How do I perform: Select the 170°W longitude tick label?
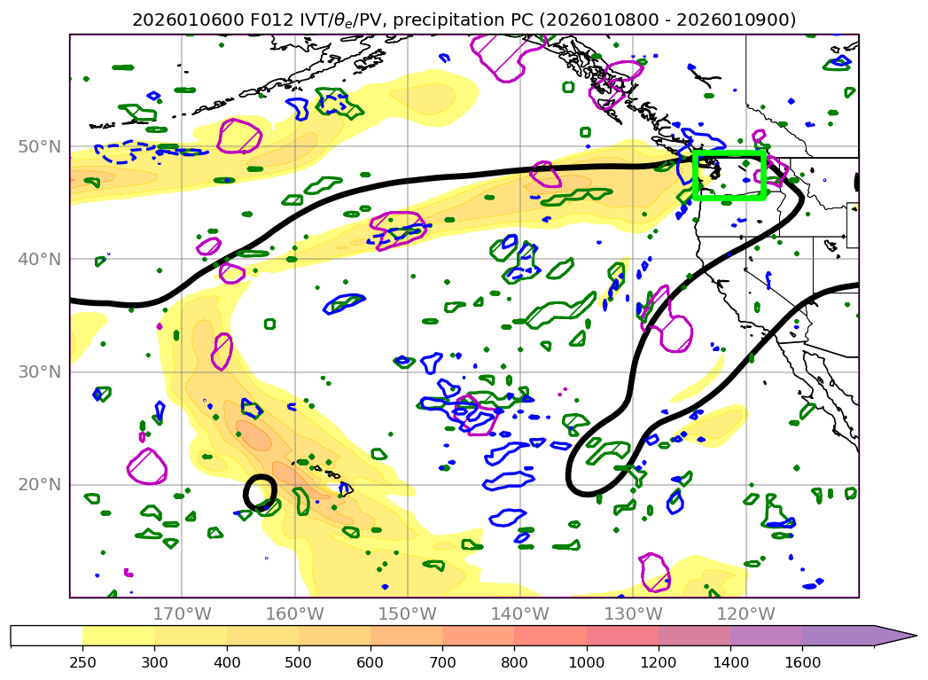point(182,614)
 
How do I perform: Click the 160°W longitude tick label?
point(294,614)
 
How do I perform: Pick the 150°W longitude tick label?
point(407,614)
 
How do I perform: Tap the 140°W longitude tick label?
point(519,614)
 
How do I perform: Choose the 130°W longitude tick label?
point(632,614)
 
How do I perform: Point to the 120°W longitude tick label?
point(745,614)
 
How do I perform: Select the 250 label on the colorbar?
point(82,660)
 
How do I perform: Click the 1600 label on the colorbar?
point(802,660)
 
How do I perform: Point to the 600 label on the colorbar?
point(370,660)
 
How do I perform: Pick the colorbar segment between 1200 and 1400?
point(694,636)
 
